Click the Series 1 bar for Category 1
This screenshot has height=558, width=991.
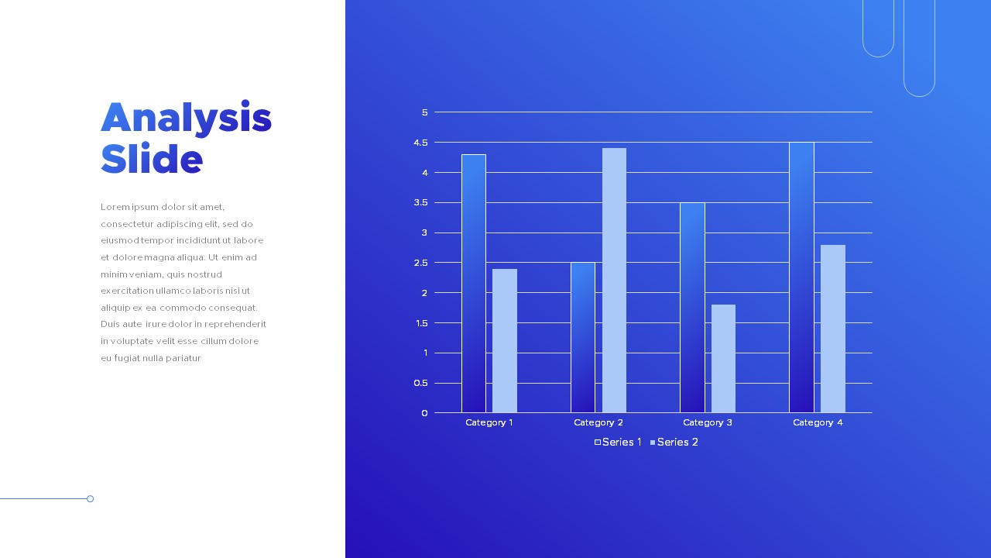tap(474, 284)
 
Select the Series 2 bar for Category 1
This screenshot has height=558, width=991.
tap(505, 341)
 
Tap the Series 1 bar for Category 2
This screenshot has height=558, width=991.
tap(583, 338)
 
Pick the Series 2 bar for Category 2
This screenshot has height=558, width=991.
tap(614, 281)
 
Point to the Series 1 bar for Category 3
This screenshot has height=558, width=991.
tap(692, 308)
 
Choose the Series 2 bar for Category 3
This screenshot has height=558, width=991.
tap(723, 359)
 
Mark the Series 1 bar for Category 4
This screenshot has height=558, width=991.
tap(801, 277)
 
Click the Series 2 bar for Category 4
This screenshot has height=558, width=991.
tap(833, 329)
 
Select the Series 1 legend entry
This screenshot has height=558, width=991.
tap(618, 443)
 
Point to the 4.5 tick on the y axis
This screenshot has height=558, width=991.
tap(420, 143)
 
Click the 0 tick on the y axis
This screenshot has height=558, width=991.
tap(424, 413)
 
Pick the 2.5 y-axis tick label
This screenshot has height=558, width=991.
tap(420, 263)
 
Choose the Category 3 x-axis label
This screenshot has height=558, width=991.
tap(708, 422)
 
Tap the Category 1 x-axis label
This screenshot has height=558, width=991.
tap(489, 422)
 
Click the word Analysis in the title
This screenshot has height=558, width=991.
tap(186, 118)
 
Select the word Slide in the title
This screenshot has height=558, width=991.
tap(152, 159)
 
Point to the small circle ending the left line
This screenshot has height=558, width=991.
tap(91, 499)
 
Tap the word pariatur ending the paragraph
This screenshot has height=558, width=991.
tap(183, 358)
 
